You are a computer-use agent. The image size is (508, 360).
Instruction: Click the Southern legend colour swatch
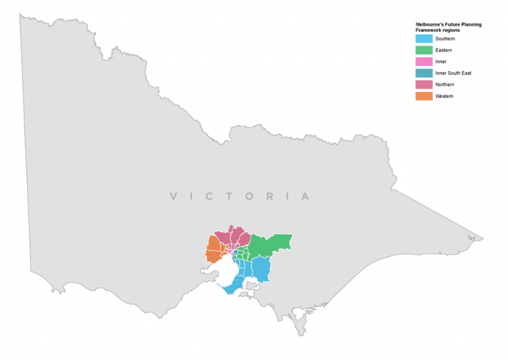(423, 39)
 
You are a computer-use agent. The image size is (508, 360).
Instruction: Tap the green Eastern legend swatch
(423, 50)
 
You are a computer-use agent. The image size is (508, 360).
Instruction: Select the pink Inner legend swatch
(423, 62)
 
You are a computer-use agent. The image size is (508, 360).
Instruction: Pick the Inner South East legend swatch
(423, 73)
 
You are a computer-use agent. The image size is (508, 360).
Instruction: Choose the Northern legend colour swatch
(423, 85)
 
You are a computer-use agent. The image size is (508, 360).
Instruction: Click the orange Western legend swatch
(423, 96)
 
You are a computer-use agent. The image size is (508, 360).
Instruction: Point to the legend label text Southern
(445, 39)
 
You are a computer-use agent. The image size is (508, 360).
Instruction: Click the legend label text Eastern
(444, 50)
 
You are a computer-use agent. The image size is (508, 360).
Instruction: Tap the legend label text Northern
(445, 85)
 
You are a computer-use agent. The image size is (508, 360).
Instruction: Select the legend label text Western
(444, 96)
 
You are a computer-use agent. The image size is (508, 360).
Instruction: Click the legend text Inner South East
(453, 73)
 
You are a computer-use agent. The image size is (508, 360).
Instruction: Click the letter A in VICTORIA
(305, 197)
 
